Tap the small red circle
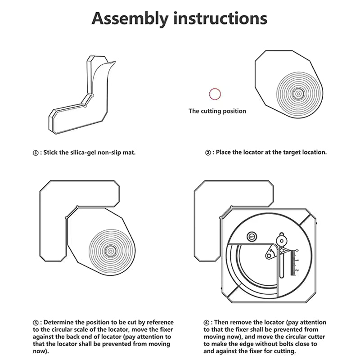[215, 94]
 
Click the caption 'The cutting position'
[217, 111]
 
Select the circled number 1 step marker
[36, 153]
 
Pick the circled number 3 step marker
[36, 323]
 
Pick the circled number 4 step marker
[207, 323]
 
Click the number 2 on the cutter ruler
[297, 271]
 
